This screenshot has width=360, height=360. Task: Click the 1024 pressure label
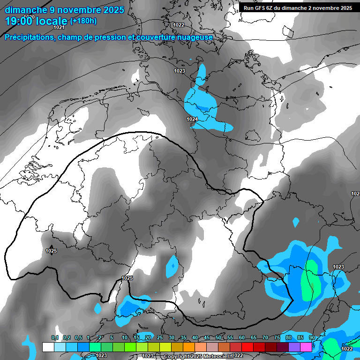192,120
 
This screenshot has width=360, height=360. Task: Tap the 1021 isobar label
59,27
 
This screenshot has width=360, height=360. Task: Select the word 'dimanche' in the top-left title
23,9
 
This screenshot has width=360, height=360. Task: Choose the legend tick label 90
312,337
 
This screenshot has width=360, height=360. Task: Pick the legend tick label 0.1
54,337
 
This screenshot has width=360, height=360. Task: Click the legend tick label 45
207,337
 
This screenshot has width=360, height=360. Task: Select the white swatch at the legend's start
48,347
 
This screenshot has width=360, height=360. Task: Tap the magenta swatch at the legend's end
306,347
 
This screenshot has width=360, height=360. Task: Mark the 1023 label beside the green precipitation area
338,267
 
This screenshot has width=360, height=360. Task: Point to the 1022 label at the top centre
179,25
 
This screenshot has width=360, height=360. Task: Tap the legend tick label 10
125,337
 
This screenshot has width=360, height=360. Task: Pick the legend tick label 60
242,337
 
